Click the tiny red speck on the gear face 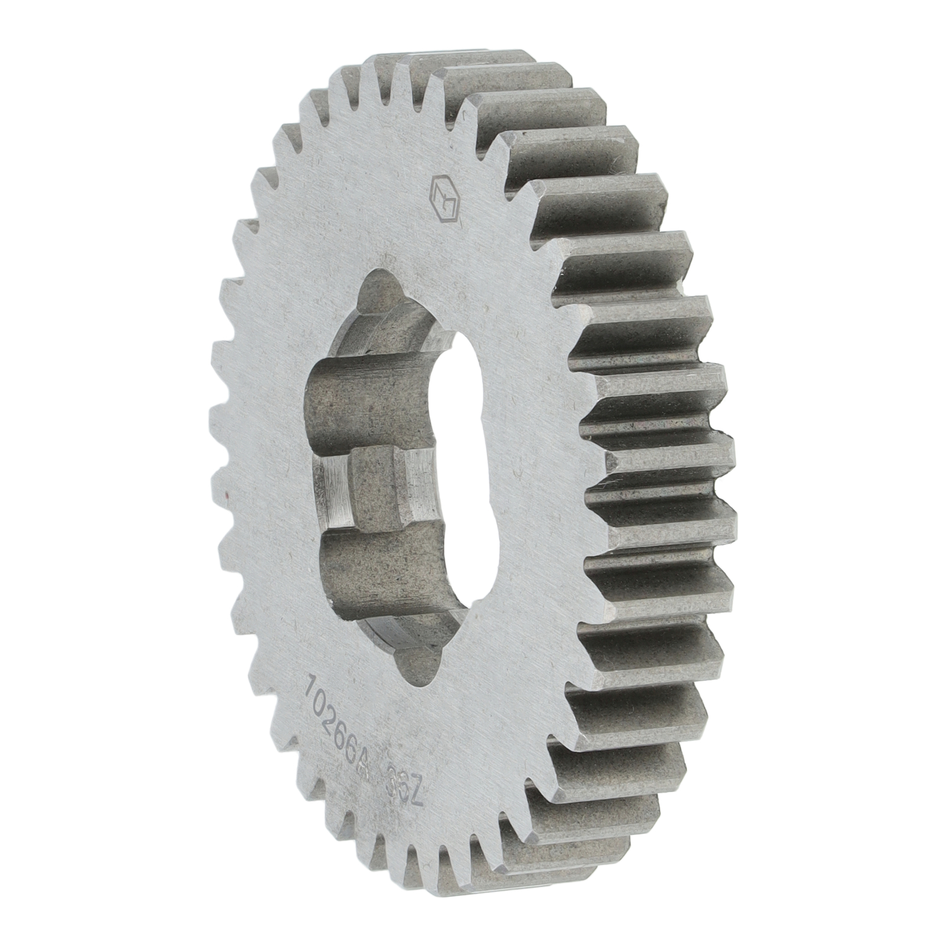tap(226, 492)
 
